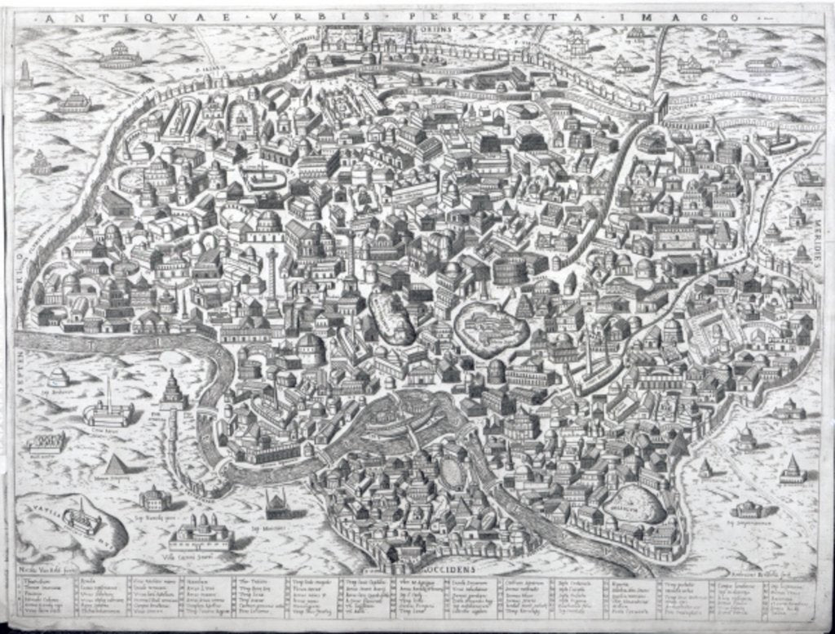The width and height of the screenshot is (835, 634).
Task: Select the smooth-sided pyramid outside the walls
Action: pyautogui.click(x=116, y=465)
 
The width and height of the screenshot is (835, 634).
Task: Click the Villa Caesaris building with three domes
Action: pyautogui.click(x=201, y=533)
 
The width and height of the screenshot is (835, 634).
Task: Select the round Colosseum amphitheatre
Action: pyautogui.click(x=510, y=264)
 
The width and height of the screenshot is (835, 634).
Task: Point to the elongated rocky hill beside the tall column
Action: pyautogui.click(x=391, y=317)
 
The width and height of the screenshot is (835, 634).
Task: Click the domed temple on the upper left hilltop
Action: pyautogui.click(x=121, y=55)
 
